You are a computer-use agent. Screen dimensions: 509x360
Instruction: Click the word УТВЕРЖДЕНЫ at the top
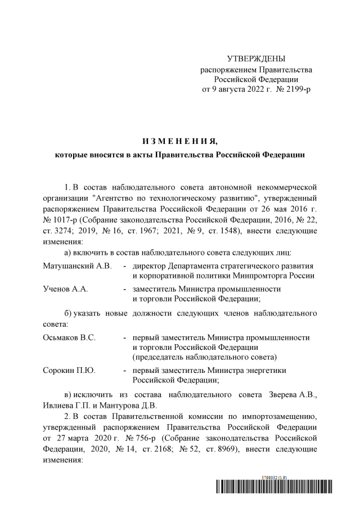256,59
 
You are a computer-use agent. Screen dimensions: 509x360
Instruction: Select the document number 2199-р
294,89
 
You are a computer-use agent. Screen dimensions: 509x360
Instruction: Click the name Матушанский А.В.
78,265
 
